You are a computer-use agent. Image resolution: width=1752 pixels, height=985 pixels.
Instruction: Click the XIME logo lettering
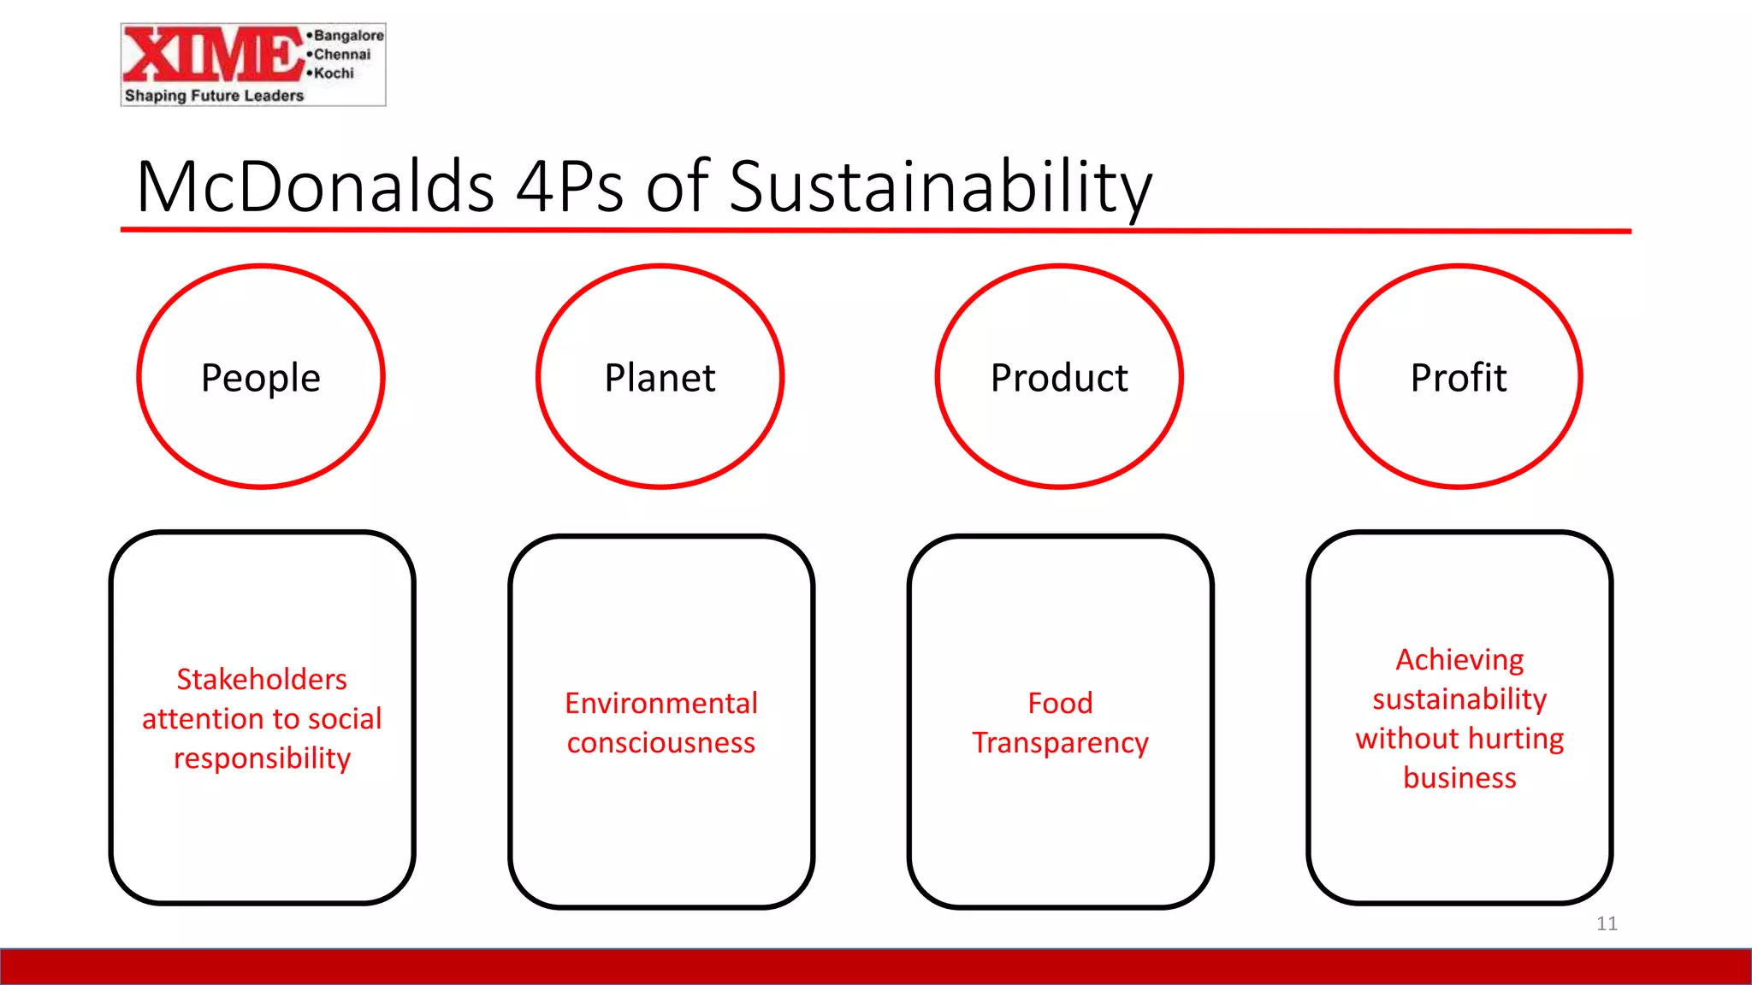click(212, 55)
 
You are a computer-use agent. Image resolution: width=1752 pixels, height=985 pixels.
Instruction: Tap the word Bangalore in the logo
click(347, 36)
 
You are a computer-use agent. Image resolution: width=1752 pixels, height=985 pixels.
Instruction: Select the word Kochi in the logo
click(333, 74)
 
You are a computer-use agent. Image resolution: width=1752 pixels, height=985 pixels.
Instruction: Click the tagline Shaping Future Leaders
click(214, 96)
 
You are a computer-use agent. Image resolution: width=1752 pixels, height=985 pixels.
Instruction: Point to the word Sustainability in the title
click(940, 188)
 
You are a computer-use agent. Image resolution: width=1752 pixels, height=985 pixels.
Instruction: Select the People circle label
click(261, 378)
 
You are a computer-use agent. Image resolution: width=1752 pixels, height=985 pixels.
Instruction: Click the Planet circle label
click(660, 378)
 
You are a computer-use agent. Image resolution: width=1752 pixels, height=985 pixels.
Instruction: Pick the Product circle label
click(1059, 378)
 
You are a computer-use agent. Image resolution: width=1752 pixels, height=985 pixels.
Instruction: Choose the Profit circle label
click(1459, 378)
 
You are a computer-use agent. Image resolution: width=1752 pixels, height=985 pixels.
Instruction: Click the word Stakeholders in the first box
click(262, 680)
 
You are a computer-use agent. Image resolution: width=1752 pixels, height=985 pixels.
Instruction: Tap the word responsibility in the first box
click(262, 759)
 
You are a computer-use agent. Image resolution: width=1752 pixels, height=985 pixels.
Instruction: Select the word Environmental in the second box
click(661, 704)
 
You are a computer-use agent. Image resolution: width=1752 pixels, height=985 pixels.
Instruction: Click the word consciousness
click(661, 743)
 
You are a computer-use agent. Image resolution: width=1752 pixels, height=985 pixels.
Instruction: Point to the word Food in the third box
click(1060, 704)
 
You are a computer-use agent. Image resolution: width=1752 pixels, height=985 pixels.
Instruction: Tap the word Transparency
click(1060, 744)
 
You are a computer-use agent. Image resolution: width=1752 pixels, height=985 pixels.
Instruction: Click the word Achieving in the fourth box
click(1459, 660)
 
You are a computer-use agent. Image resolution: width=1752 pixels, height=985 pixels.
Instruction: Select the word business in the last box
click(1459, 778)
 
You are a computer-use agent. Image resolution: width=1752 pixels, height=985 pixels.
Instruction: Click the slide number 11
click(1607, 923)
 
